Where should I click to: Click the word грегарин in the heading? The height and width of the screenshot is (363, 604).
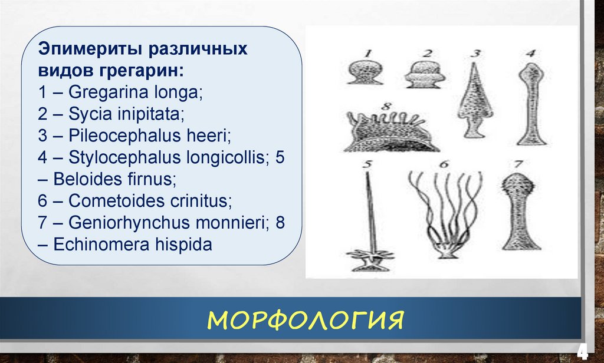point(143,71)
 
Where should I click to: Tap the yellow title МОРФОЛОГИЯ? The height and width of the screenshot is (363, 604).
point(305,320)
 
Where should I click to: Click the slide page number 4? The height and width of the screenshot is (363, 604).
point(582,351)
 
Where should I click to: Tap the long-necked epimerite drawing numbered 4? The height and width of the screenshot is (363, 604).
point(533,104)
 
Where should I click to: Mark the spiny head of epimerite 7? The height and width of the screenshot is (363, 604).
point(518,186)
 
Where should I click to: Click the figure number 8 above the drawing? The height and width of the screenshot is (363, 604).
point(387,105)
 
